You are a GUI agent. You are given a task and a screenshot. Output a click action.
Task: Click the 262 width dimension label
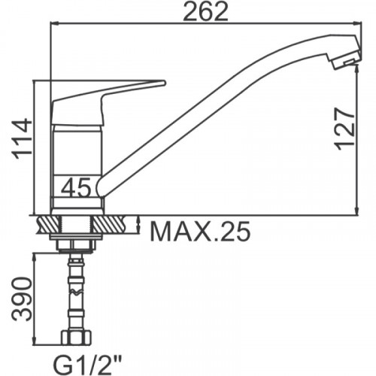pyautogui.click(x=205, y=11)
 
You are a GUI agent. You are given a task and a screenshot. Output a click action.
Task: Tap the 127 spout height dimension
pyautogui.click(x=344, y=129)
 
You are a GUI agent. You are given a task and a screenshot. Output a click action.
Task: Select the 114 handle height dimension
pyautogui.click(x=23, y=139)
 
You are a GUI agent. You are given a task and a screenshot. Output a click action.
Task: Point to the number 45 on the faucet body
pyautogui.click(x=76, y=187)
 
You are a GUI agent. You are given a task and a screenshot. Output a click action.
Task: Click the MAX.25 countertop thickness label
pyautogui.click(x=200, y=231)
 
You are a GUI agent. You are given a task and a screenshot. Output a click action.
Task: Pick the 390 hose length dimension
pyautogui.click(x=23, y=299)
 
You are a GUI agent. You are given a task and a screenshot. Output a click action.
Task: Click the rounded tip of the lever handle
pyautogui.click(x=163, y=83)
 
